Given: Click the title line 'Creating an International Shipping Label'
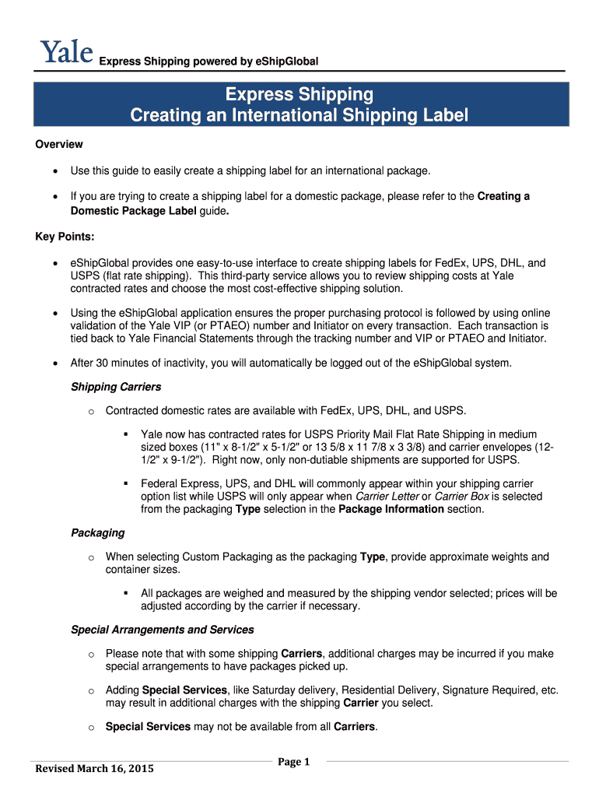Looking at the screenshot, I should tap(299, 116).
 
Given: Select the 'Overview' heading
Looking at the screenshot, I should tap(59, 145).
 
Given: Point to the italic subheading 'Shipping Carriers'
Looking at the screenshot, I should tap(116, 387).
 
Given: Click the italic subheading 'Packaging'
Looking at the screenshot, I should tap(97, 533).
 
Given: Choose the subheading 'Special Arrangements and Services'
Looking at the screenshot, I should tap(162, 630).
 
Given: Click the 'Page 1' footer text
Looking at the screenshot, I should tap(294, 762).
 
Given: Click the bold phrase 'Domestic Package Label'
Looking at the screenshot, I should tap(131, 211).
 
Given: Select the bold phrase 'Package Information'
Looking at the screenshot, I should tap(391, 509).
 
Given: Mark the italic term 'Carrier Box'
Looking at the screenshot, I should tap(462, 497).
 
